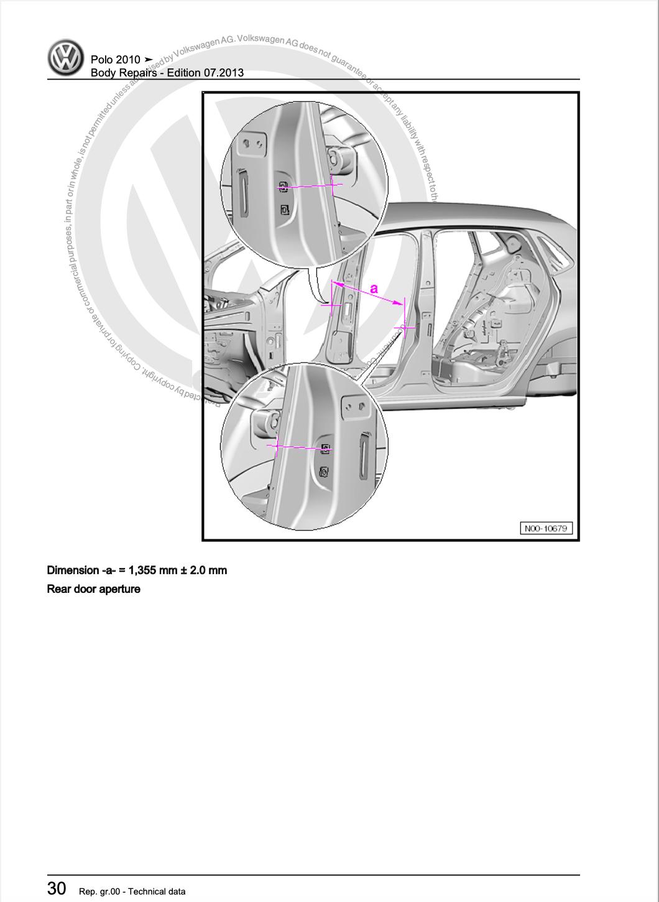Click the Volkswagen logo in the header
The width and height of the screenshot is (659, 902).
pyautogui.click(x=66, y=58)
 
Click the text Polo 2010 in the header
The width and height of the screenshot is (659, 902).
pyautogui.click(x=116, y=60)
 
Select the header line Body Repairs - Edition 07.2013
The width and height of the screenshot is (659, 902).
pyautogui.click(x=167, y=73)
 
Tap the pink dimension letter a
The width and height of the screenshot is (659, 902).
pyautogui.click(x=374, y=288)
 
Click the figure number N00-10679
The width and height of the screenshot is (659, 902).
pyautogui.click(x=546, y=528)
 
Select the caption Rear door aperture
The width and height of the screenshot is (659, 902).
pyautogui.click(x=93, y=588)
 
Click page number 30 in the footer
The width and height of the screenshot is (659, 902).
pyautogui.click(x=57, y=888)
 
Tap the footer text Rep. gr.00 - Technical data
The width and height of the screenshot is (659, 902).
pyautogui.click(x=132, y=891)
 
